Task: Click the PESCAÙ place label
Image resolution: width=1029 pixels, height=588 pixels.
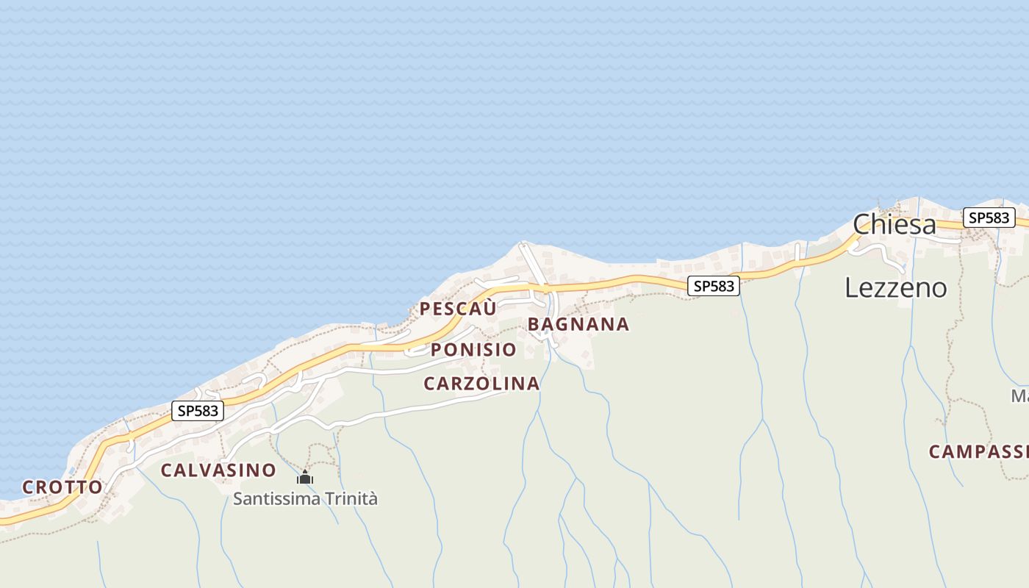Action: [x=457, y=309]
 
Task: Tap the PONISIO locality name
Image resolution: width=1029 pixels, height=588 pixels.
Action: [x=473, y=350]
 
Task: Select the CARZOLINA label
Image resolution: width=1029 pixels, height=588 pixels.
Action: [x=481, y=384]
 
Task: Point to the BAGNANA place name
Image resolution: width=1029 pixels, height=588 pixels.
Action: [x=578, y=324]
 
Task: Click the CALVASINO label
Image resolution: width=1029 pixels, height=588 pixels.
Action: [x=218, y=470]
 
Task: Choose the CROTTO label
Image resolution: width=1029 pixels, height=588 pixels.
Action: [x=62, y=487]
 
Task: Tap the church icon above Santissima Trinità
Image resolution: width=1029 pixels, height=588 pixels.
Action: [x=305, y=477]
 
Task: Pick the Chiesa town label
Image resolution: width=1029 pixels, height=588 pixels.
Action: [x=894, y=224]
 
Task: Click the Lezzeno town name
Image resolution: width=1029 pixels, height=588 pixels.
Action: [x=895, y=287]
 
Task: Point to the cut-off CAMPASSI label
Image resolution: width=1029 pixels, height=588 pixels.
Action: [x=978, y=451]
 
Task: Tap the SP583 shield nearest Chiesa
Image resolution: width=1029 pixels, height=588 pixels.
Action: [x=989, y=218]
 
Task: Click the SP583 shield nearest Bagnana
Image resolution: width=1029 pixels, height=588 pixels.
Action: [x=713, y=286]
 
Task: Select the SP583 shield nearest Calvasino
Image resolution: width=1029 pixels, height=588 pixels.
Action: [x=198, y=411]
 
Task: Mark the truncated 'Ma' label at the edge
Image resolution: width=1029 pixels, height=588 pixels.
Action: [x=1019, y=396]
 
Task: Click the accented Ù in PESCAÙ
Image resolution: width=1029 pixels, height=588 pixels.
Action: [x=490, y=309]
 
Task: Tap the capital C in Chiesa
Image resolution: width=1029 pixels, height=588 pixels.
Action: [x=862, y=224]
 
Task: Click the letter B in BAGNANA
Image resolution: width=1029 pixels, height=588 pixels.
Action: [x=534, y=324]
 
